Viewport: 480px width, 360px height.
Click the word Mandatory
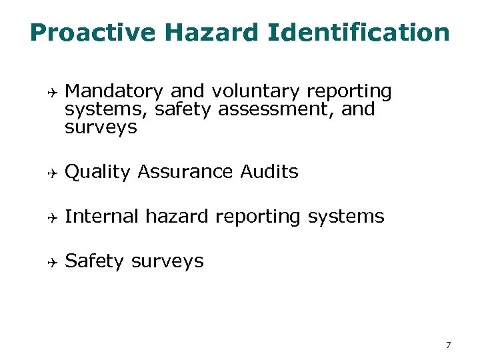coord(115,91)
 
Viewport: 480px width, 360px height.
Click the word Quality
coord(97,172)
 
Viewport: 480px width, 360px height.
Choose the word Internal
coord(102,216)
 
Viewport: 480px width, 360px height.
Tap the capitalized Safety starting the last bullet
coord(95,261)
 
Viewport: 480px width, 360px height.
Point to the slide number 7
coord(448,345)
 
